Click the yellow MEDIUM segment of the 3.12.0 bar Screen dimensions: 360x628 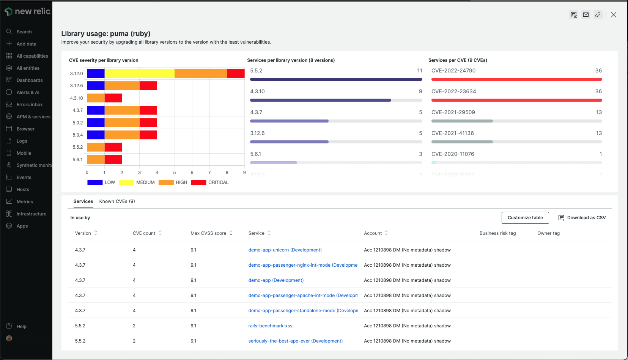tap(139, 74)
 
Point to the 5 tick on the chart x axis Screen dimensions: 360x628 tap(175, 173)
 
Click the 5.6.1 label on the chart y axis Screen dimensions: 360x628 tap(77, 160)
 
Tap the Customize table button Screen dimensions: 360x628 tap(525, 218)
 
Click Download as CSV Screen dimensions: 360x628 tap(582, 218)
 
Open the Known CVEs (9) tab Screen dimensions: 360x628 tap(117, 201)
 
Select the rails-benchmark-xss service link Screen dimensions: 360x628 tap(270, 326)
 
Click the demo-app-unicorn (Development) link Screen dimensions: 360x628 tap(285, 250)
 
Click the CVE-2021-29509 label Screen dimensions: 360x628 tap(453, 112)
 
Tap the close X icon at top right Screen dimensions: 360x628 tap(614, 15)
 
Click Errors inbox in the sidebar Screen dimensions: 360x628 tap(30, 105)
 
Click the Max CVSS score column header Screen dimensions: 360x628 tap(208, 233)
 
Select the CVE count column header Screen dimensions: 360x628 tap(144, 233)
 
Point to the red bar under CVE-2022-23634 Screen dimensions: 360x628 tap(516, 100)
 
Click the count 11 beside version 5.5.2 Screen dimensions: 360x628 tap(419, 71)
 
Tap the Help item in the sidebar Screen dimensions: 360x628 tap(22, 327)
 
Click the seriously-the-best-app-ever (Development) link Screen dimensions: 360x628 tap(295, 341)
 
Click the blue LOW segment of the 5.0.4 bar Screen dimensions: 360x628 tap(96, 135)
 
